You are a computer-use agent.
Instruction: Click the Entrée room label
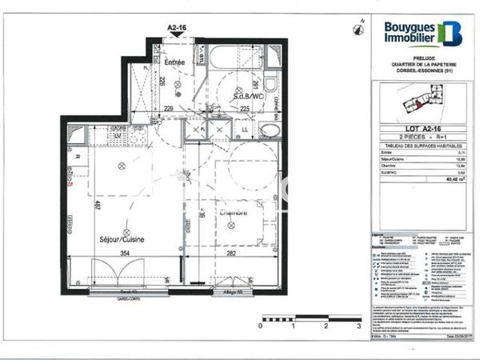coord(174,62)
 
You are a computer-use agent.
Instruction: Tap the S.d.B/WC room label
coord(247,96)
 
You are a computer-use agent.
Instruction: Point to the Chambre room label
coord(233,213)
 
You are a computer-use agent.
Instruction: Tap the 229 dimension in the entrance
coord(170,109)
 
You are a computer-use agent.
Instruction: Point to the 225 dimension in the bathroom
coord(246,109)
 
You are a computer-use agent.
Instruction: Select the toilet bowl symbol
coord(270,84)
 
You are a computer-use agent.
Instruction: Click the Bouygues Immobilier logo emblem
coord(452,32)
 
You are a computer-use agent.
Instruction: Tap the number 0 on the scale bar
coord(262,326)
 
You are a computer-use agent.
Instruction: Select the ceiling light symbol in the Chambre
coord(231,226)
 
